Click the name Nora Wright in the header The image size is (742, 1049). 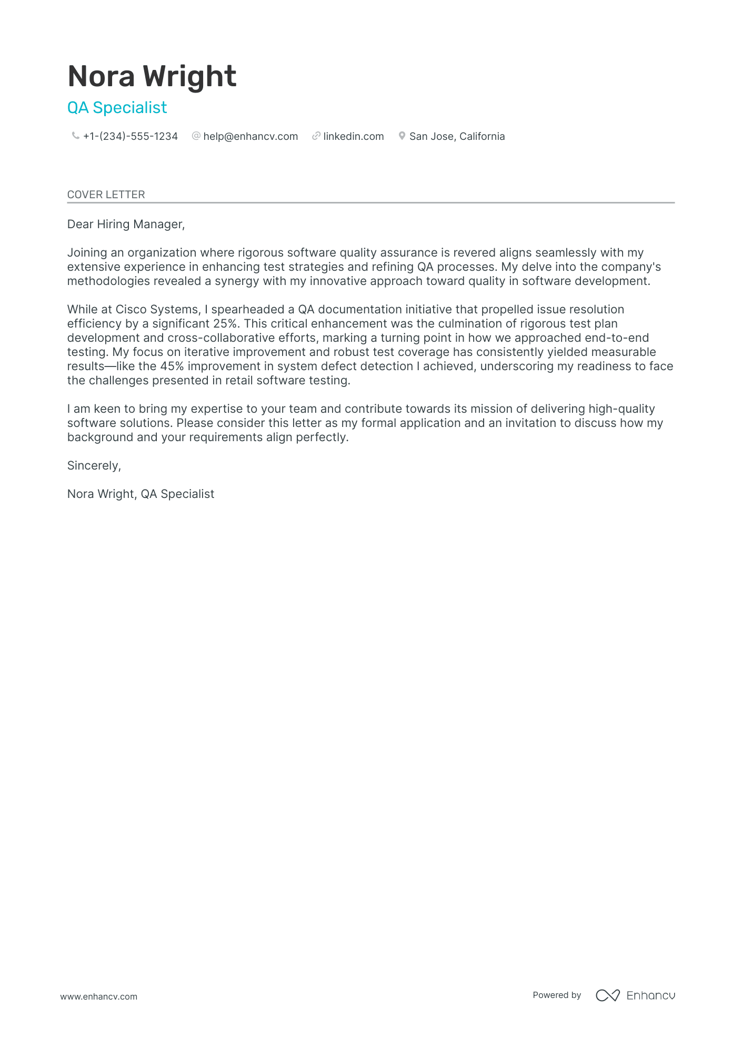tap(152, 76)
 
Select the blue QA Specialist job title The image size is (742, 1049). tap(117, 108)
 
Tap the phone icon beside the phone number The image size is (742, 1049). tap(75, 136)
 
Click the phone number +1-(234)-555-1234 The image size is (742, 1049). tap(131, 137)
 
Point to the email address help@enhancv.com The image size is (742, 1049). tap(250, 137)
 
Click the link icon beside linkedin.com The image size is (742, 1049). tap(316, 136)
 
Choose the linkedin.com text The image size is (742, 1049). tap(354, 137)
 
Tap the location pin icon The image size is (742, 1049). tap(402, 136)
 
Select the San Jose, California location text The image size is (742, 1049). tap(457, 137)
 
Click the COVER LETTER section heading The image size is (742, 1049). tap(106, 195)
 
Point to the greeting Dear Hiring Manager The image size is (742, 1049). tap(126, 225)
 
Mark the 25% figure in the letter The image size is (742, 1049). tap(225, 324)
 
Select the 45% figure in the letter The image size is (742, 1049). tap(172, 366)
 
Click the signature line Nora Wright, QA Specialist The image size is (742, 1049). tap(141, 494)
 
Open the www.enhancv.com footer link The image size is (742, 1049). tap(98, 996)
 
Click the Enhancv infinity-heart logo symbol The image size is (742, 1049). tap(607, 995)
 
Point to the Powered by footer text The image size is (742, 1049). tap(557, 995)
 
